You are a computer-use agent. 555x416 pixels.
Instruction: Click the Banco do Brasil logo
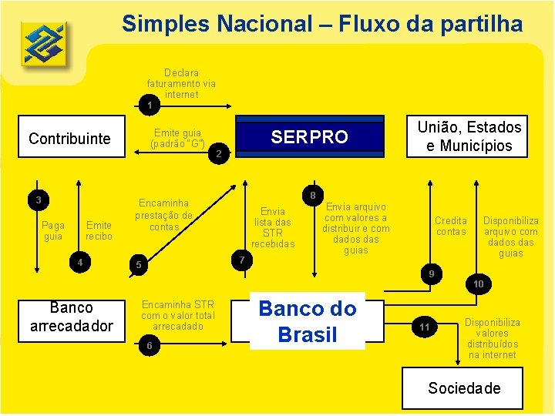[x=43, y=43]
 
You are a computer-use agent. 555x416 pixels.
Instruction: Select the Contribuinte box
[x=69, y=139]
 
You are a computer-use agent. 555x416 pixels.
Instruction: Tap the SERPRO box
[x=309, y=137]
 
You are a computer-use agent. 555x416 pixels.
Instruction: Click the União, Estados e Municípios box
[x=469, y=136]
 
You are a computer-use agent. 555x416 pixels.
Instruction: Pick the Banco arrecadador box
[x=71, y=317]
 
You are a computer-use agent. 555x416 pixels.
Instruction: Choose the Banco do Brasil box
[x=308, y=321]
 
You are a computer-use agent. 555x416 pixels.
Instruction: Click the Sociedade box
[x=464, y=387]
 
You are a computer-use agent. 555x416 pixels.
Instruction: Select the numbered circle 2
[x=218, y=154]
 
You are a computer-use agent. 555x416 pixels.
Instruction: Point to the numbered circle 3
[x=38, y=200]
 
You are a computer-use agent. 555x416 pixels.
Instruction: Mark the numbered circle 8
[x=312, y=195]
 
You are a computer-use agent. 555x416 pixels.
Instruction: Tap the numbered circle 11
[x=425, y=327]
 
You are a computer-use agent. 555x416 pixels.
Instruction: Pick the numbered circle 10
[x=478, y=284]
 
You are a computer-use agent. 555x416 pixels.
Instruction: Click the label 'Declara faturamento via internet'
[x=182, y=84]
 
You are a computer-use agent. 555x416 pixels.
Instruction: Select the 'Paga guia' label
[x=53, y=230]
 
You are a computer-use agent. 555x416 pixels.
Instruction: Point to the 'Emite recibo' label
[x=99, y=230]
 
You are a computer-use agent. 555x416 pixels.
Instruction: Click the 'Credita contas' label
[x=451, y=226]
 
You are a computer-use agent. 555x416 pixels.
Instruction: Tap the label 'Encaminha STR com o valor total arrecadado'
[x=178, y=315]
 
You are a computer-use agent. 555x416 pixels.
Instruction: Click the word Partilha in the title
[x=480, y=24]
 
